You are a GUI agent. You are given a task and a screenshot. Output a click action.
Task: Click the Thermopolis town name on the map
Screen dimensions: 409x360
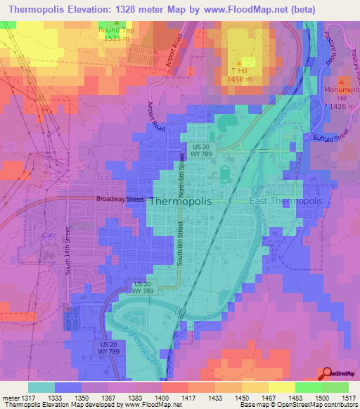[x=191, y=202]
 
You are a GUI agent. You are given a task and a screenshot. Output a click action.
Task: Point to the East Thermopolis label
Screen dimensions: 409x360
[x=285, y=202]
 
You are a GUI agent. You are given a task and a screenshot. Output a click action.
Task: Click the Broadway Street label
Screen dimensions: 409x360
[x=120, y=200]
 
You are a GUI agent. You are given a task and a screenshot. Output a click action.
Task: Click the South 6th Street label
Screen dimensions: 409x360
[x=181, y=243]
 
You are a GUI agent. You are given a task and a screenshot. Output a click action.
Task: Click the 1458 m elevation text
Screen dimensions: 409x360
[x=240, y=79]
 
